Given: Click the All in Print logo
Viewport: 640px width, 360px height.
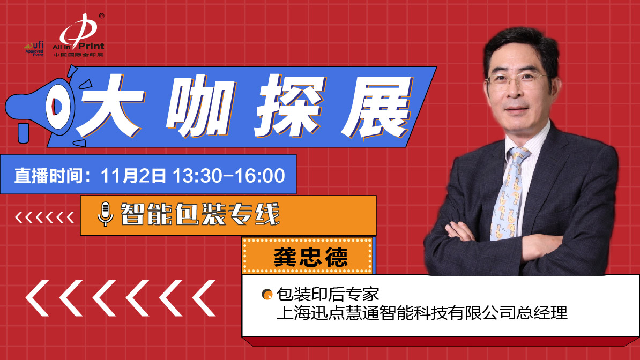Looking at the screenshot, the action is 78,35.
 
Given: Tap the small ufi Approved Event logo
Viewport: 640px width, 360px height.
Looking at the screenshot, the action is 34,49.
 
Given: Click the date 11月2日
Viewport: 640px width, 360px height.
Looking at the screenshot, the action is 133,176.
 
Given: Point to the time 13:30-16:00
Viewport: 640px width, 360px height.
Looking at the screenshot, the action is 228,176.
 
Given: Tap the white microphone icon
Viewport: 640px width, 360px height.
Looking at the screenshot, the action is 105,214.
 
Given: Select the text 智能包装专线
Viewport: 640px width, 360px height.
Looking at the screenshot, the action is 200,214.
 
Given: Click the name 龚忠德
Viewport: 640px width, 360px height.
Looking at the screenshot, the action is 310,257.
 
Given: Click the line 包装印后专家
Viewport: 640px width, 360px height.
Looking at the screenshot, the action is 328,294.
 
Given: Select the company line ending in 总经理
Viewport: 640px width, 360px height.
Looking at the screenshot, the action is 422,313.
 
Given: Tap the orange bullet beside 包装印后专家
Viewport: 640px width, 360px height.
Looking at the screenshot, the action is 267,294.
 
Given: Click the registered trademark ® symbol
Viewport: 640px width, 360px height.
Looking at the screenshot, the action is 102,16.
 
